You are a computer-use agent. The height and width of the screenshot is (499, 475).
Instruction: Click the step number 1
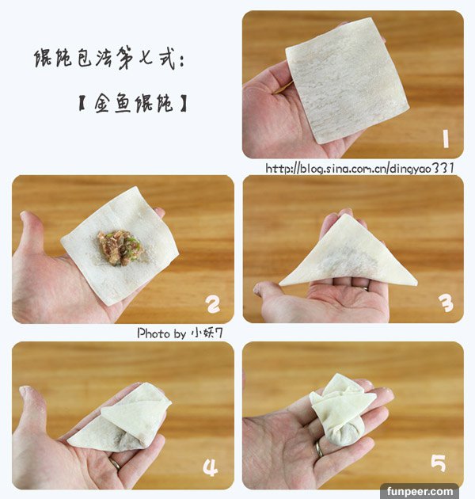pyautogui.click(x=446, y=139)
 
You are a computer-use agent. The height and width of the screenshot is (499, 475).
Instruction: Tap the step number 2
pyautogui.click(x=213, y=304)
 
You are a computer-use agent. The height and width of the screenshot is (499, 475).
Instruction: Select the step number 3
pyautogui.click(x=446, y=303)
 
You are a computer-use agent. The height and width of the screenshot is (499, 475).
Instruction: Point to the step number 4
pyautogui.click(x=211, y=467)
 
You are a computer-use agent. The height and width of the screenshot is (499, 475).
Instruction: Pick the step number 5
pyautogui.click(x=439, y=463)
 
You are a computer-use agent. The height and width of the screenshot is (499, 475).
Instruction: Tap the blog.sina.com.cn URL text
pyautogui.click(x=359, y=168)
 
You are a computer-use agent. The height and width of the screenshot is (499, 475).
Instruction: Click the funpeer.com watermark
pyautogui.click(x=420, y=491)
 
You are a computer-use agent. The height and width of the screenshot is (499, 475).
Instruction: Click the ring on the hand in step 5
pyautogui.click(x=318, y=449)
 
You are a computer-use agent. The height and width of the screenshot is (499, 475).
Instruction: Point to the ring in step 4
pyautogui.click(x=115, y=464)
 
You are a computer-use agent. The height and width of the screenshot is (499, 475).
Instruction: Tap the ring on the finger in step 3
pyautogui.click(x=365, y=288)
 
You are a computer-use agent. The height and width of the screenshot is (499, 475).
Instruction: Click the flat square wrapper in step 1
pyautogui.click(x=347, y=80)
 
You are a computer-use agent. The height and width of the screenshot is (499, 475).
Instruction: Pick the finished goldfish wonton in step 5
pyautogui.click(x=342, y=410)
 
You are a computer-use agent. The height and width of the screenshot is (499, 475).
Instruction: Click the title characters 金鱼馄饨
pyautogui.click(x=133, y=103)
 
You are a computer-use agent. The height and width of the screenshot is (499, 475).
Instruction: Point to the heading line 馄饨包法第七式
pyautogui.click(x=109, y=59)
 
